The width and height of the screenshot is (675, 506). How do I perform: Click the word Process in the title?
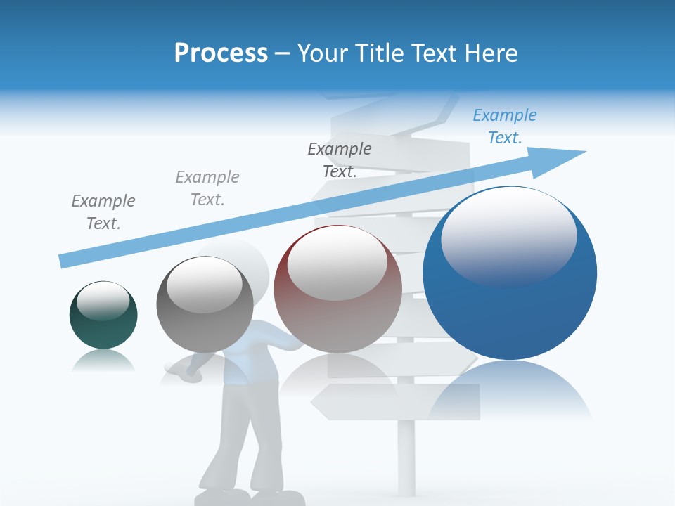pos(221,53)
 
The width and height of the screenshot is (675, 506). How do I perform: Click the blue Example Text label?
pos(504,126)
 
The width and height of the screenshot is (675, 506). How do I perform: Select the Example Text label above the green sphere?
pos(103,212)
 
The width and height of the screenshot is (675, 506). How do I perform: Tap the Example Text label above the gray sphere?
pos(207,188)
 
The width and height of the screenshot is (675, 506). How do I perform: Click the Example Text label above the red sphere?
pos(340,160)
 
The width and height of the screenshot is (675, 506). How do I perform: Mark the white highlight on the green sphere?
pos(103,301)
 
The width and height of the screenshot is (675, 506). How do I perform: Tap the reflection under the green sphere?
pos(103,361)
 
